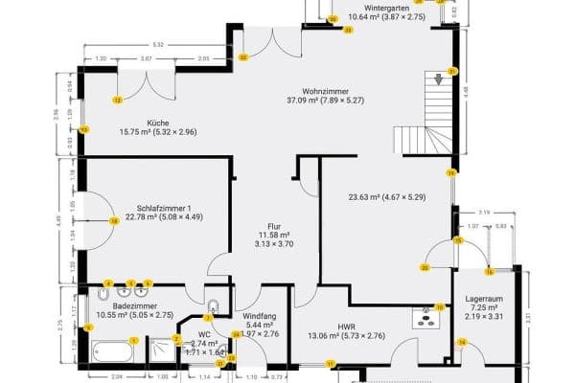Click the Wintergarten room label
(386, 8)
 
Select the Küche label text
(158, 122)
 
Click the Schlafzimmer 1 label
(157, 208)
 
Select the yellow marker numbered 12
(117, 100)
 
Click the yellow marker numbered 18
(114, 220)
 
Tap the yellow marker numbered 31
(452, 72)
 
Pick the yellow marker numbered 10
(440, 307)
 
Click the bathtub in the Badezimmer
(113, 351)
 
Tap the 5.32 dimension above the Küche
(157, 45)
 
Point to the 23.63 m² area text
(386, 198)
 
